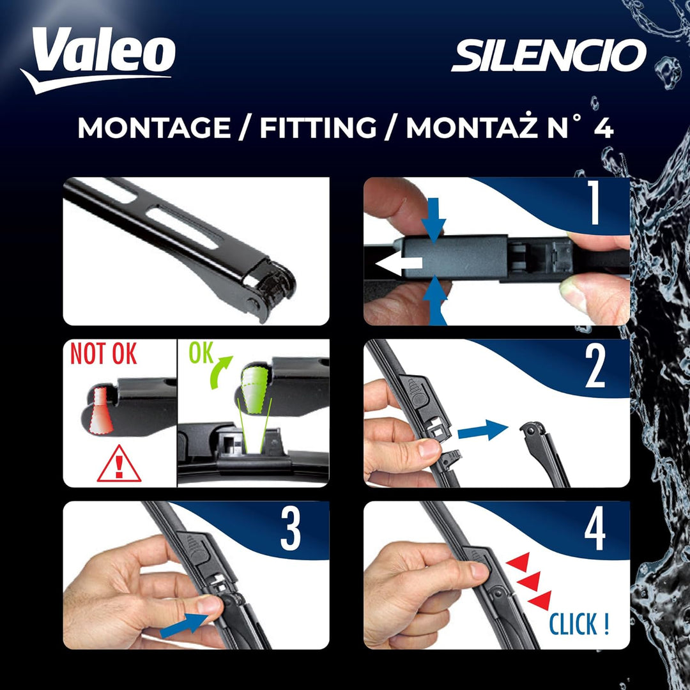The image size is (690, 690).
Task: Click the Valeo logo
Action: (x=98, y=59)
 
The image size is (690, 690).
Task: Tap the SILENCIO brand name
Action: (x=549, y=55)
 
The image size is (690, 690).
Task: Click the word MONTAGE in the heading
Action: (x=154, y=128)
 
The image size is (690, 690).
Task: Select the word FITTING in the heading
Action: (x=318, y=128)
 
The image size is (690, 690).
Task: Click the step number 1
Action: (x=595, y=203)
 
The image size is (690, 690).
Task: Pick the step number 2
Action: (x=595, y=365)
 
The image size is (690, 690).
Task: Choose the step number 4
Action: (x=595, y=528)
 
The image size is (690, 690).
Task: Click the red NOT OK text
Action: (x=103, y=353)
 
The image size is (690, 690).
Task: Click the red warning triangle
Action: (x=119, y=464)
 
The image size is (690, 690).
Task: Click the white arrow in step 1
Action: (x=398, y=264)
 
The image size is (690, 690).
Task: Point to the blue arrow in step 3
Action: (x=184, y=625)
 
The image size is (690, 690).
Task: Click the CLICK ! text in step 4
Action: (x=579, y=624)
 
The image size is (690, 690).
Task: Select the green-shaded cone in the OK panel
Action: (x=254, y=390)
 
